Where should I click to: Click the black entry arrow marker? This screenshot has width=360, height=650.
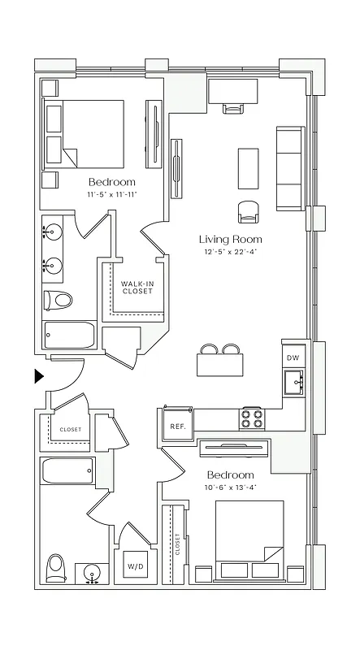pos(38,375)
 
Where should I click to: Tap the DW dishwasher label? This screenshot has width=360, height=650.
pos(293,357)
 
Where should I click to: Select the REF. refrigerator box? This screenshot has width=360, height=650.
pos(176,425)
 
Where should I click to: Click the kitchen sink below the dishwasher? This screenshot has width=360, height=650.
pos(293,380)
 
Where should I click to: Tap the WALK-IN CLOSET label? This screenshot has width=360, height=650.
pos(137,288)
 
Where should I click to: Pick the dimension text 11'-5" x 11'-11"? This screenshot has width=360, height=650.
pos(111,195)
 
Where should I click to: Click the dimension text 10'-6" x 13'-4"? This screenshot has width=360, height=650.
pos(230,487)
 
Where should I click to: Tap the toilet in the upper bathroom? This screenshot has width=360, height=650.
pos(58,300)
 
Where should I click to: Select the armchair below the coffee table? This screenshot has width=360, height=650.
pos(249,211)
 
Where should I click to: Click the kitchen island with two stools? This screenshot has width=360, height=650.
pos(221,363)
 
